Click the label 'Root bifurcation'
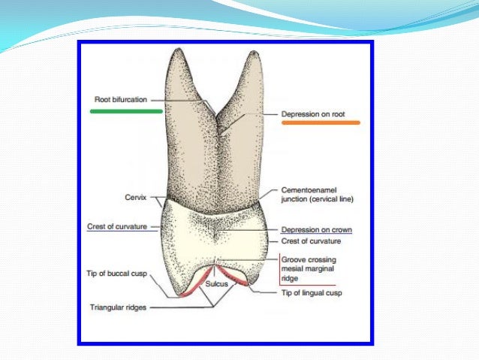click(121, 98)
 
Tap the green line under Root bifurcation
click(126, 111)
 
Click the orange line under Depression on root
click(320, 122)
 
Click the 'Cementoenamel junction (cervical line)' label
click(315, 195)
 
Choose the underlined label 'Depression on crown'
click(317, 229)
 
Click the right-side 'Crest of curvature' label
click(311, 241)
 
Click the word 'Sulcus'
click(217, 284)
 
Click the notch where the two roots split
click(215, 114)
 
